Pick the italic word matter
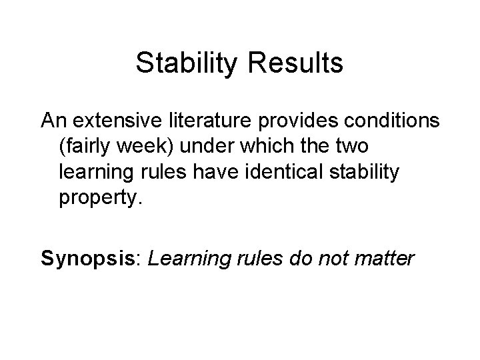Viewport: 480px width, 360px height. click(x=383, y=257)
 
